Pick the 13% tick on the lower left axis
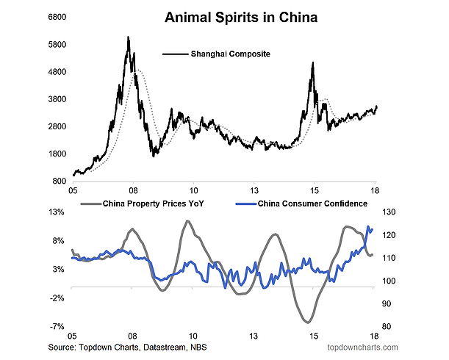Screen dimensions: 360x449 click(x=57, y=212)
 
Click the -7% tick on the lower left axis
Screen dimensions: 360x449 click(x=58, y=326)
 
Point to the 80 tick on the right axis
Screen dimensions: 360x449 click(x=387, y=326)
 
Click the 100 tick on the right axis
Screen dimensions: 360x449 click(x=389, y=281)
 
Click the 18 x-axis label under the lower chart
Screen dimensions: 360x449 click(x=374, y=335)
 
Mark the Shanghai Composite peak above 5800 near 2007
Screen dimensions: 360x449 click(x=128, y=37)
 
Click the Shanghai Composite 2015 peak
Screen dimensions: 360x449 click(x=313, y=63)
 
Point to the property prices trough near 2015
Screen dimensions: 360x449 click(x=308, y=322)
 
